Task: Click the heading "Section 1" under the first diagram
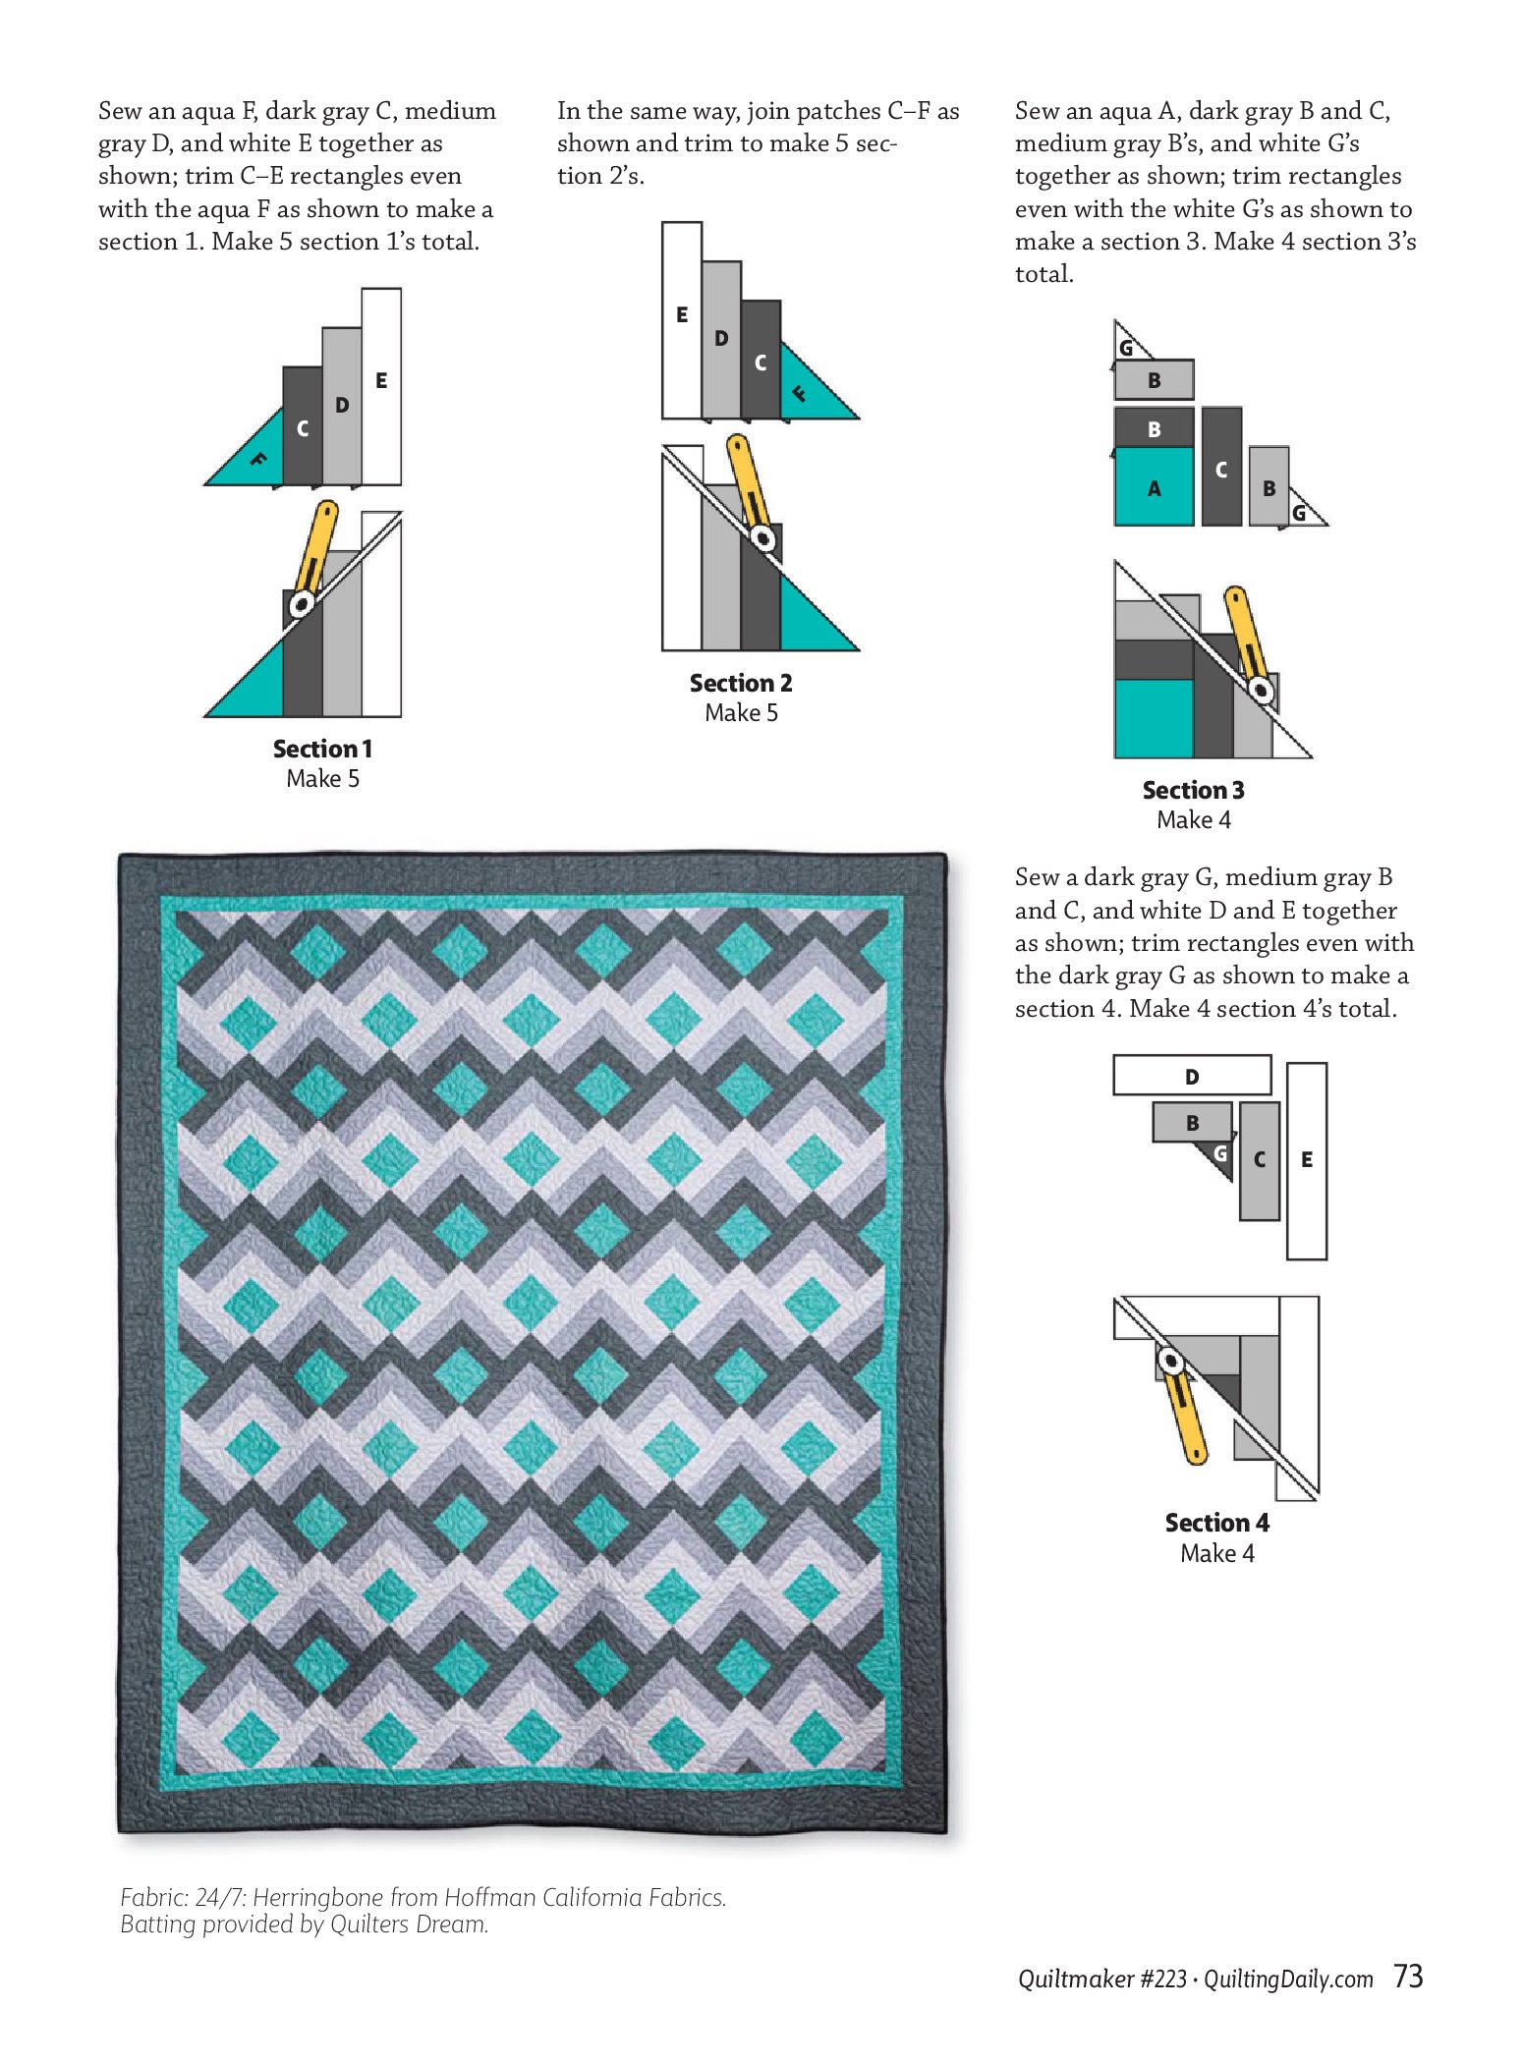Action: click(x=322, y=749)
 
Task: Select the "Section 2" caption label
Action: click(x=741, y=683)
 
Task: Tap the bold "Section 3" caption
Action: click(x=1193, y=790)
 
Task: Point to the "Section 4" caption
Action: click(x=1216, y=1523)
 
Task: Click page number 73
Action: click(x=1408, y=1976)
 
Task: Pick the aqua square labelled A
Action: click(x=1154, y=486)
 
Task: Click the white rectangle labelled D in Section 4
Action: click(x=1192, y=1076)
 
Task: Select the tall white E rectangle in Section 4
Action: click(x=1307, y=1160)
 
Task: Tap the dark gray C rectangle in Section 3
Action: click(x=1221, y=467)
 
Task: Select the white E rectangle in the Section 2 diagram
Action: click(x=682, y=320)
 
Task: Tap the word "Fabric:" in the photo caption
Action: click(x=153, y=1897)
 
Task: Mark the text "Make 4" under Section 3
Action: click(x=1193, y=819)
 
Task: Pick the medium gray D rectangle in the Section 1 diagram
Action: click(x=342, y=406)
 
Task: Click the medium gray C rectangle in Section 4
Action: click(x=1260, y=1160)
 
